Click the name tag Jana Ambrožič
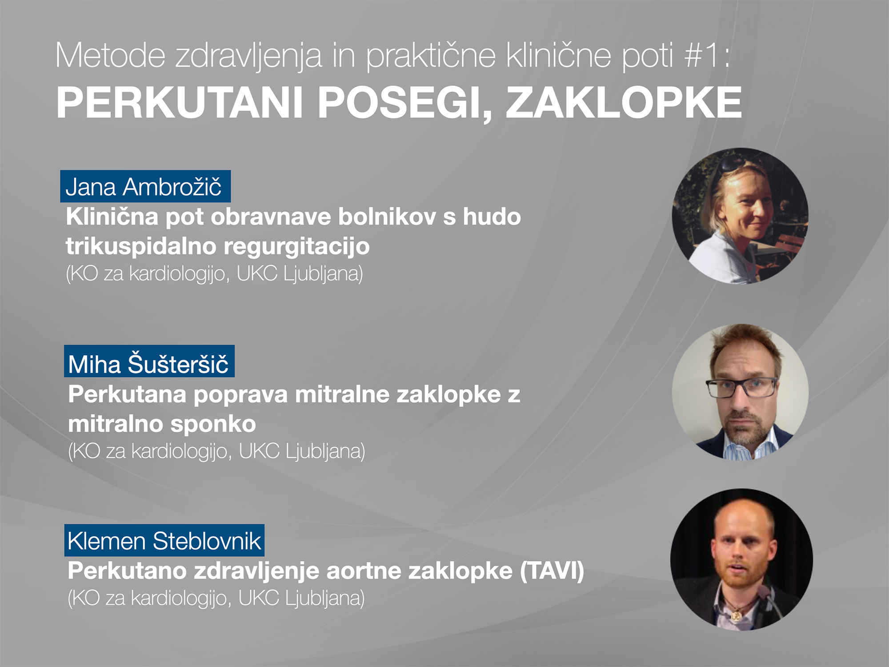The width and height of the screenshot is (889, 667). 145,186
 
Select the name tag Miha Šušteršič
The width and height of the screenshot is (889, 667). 149,361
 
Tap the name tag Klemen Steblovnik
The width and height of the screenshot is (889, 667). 164,540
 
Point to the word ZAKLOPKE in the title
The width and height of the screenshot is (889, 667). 624,103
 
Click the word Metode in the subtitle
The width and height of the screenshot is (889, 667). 111,56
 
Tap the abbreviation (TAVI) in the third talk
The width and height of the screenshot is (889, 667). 552,571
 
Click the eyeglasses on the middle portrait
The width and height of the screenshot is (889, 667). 741,387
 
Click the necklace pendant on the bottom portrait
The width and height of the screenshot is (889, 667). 736,615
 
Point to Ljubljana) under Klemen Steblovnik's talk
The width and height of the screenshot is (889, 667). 324,599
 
